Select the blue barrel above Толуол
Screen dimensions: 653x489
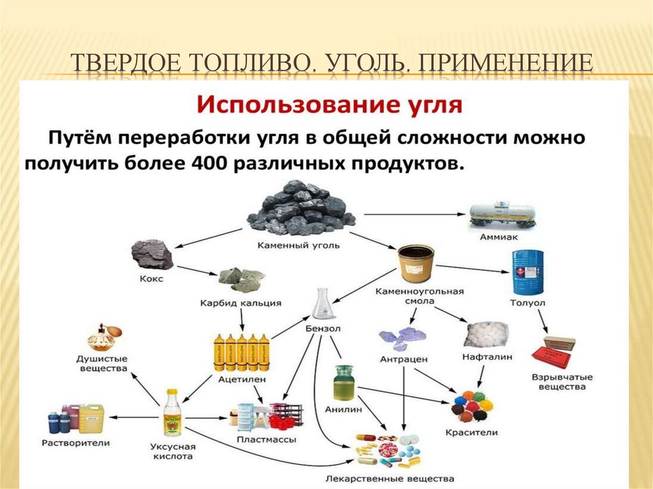[527, 271]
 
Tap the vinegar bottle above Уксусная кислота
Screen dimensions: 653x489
[172, 412]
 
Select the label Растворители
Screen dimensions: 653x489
[76, 442]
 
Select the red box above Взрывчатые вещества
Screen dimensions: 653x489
[554, 349]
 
